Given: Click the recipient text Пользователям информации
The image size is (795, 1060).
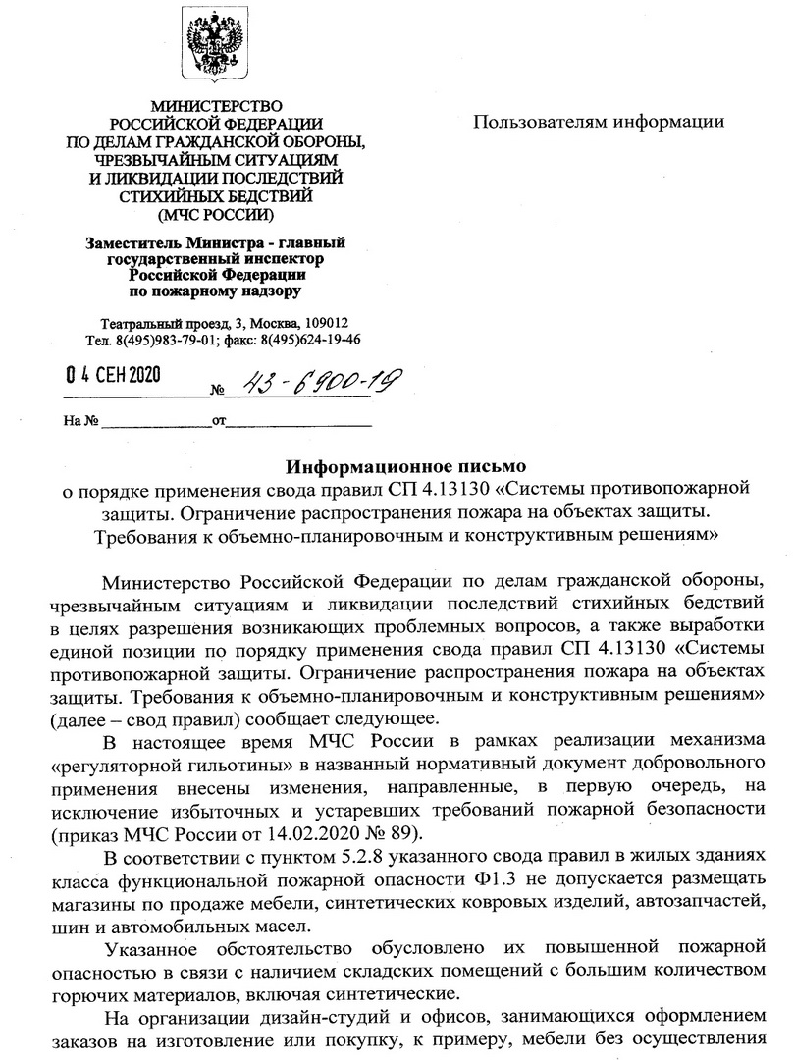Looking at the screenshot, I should pos(599,122).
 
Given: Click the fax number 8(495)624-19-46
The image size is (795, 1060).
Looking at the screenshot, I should pos(310,340).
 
